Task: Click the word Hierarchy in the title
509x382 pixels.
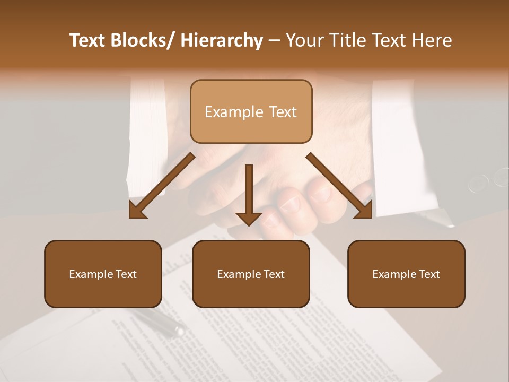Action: tap(222, 41)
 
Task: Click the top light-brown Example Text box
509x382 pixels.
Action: tap(251, 111)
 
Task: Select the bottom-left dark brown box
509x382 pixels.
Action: tap(103, 274)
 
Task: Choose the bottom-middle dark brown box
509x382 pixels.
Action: tap(251, 274)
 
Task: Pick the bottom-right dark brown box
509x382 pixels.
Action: tap(406, 274)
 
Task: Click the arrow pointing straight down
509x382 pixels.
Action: tap(249, 191)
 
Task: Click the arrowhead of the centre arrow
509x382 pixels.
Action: tap(249, 218)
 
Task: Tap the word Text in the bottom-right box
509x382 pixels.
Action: tap(429, 274)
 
